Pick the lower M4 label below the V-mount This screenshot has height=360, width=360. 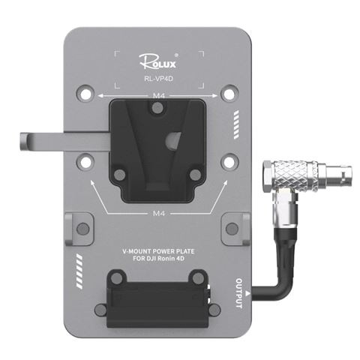[x=158, y=213]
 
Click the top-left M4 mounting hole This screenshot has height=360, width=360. [x=85, y=94]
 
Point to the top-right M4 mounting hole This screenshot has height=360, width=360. [x=230, y=94]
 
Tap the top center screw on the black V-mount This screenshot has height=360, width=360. [x=156, y=109]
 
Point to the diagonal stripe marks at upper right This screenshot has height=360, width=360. [x=238, y=121]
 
